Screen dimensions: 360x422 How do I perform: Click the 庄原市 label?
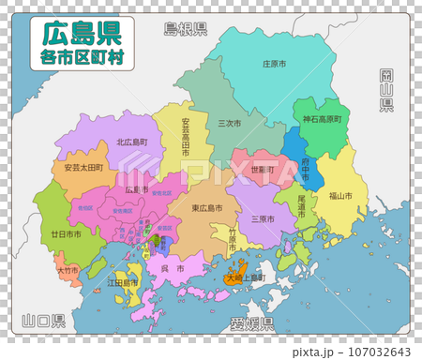coord(274,65)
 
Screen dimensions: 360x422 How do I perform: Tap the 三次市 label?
coord(229,123)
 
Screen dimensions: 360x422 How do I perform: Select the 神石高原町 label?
coord(322,120)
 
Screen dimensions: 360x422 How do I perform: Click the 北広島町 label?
coord(132,142)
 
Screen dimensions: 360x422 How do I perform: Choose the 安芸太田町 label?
coord(84,168)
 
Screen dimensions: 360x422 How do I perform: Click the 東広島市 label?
coord(206,207)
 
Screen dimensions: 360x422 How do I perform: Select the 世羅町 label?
coord(264,170)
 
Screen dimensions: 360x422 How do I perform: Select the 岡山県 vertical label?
coord(386,90)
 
